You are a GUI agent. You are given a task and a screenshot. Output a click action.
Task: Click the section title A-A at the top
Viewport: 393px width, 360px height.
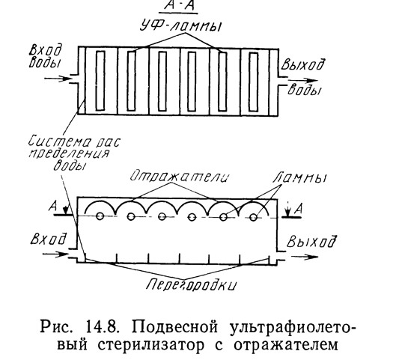click(180, 6)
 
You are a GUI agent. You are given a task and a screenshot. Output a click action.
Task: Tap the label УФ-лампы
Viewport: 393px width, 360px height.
click(180, 26)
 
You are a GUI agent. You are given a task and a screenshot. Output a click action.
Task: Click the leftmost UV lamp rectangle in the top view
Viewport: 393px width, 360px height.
click(100, 81)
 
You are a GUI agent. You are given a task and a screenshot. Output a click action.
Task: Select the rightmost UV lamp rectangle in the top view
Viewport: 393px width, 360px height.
click(253, 82)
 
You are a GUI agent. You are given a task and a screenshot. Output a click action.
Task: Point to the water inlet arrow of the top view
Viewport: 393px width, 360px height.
click(58, 79)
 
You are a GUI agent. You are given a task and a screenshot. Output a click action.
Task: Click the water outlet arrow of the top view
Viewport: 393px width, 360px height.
click(302, 81)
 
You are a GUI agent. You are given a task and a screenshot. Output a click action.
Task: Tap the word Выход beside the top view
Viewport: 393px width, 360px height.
click(302, 64)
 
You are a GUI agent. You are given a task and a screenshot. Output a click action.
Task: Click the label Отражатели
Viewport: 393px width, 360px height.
click(180, 177)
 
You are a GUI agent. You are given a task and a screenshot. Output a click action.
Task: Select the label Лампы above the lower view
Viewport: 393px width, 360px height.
click(300, 177)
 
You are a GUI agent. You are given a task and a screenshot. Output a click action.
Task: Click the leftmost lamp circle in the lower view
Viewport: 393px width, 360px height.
click(100, 216)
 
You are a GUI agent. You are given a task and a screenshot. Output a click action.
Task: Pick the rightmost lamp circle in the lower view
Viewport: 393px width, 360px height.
click(254, 217)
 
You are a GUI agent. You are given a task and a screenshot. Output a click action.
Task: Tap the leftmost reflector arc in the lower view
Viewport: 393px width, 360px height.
click(100, 203)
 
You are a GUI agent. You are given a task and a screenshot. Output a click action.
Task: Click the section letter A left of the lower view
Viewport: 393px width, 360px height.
click(53, 207)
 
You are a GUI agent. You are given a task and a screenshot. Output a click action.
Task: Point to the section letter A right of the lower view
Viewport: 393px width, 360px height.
click(298, 209)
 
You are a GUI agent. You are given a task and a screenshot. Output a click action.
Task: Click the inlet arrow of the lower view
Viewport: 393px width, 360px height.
click(55, 254)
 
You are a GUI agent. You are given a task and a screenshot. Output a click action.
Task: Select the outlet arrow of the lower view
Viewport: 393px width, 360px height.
click(304, 257)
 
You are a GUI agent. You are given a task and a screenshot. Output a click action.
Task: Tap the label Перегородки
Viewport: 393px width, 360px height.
click(191, 285)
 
